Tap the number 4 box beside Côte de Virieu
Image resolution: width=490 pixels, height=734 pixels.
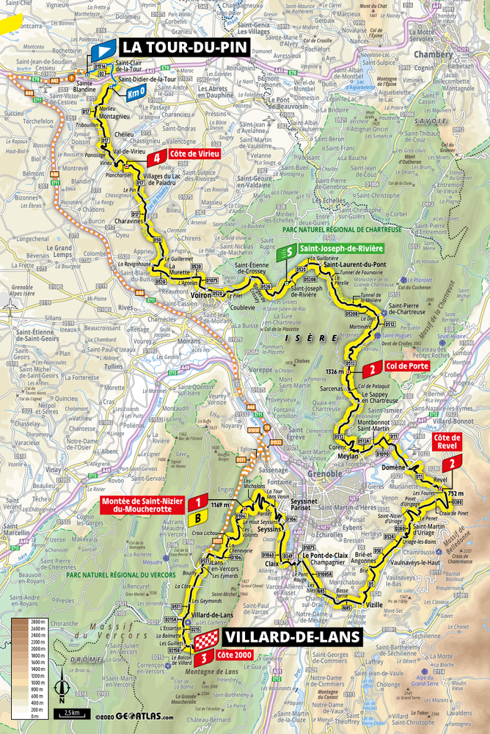[x=155, y=157]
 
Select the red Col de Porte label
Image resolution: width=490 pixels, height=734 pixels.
[x=403, y=366]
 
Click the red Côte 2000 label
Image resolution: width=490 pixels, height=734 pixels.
[x=235, y=655]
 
